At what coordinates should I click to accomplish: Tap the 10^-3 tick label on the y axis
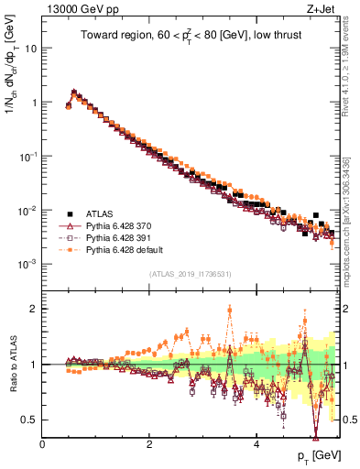[x=28, y=264]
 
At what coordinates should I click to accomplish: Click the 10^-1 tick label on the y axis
[x=28, y=157]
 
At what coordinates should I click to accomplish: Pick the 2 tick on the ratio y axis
[x=34, y=309]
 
